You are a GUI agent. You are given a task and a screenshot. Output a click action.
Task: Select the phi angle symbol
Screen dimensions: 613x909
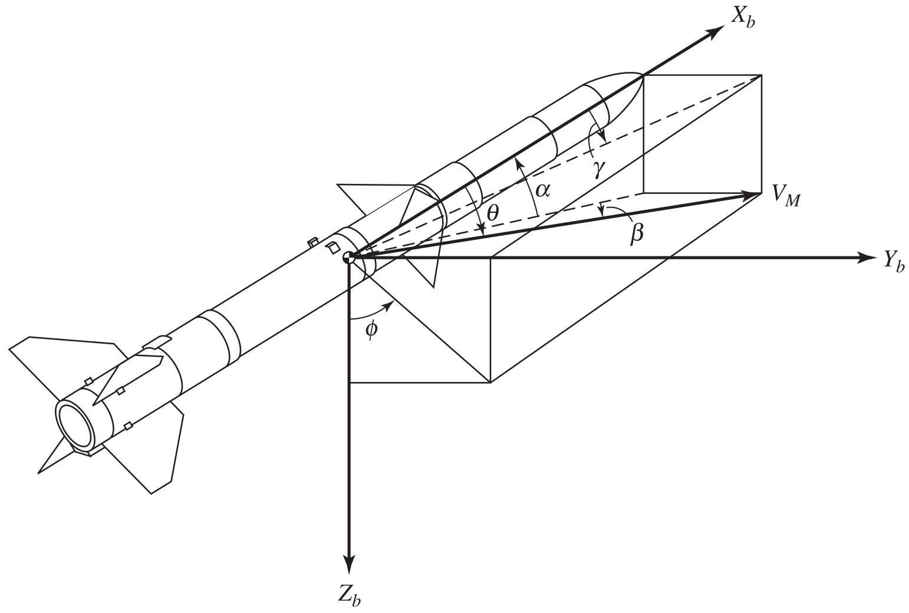tap(371, 329)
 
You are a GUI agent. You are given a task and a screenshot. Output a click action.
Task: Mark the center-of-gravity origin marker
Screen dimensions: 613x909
tap(349, 257)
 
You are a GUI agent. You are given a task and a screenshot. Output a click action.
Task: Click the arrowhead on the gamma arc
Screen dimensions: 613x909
tap(602, 137)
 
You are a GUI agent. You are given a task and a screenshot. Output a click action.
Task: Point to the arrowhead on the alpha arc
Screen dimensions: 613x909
tap(517, 162)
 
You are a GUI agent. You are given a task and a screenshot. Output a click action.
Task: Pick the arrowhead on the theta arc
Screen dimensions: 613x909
tap(482, 231)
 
